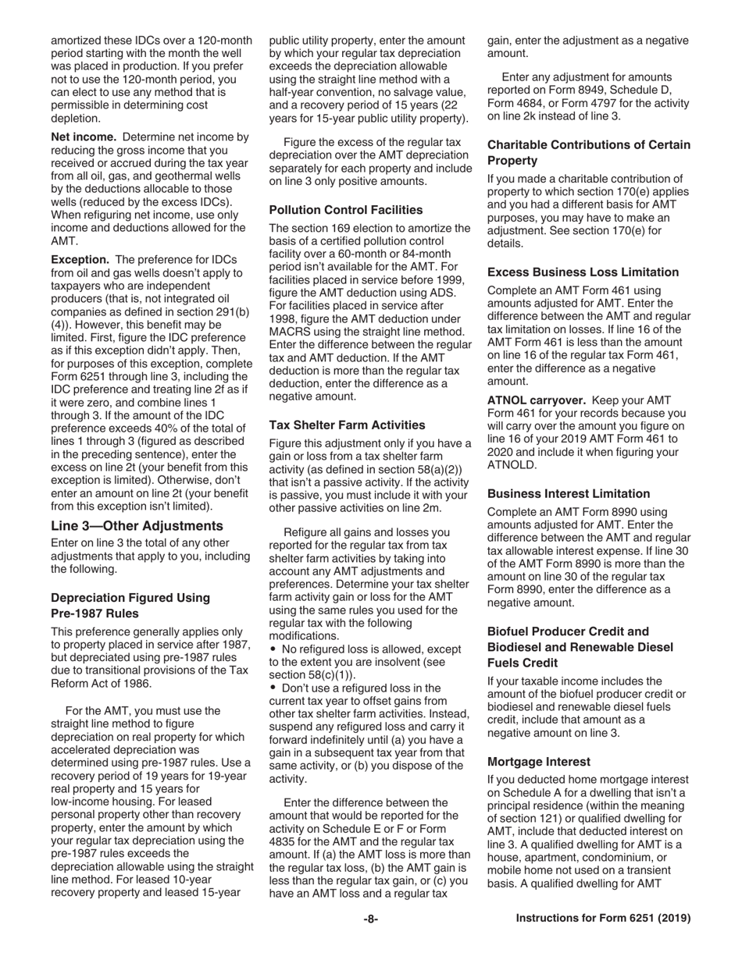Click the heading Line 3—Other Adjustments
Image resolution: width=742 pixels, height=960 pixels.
[x=137, y=525]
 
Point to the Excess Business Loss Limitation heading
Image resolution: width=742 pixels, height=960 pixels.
[x=583, y=272]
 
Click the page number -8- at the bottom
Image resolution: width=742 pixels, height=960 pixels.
[x=370, y=919]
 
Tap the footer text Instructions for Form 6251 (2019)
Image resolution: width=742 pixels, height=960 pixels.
[x=603, y=919]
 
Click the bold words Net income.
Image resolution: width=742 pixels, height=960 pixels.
[x=84, y=137]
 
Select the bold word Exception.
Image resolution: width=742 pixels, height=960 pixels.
[x=80, y=259]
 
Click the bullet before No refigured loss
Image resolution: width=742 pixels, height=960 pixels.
[x=273, y=649]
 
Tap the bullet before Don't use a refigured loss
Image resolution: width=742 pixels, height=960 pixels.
[x=273, y=688]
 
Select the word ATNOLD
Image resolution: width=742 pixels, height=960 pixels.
[x=512, y=465]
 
